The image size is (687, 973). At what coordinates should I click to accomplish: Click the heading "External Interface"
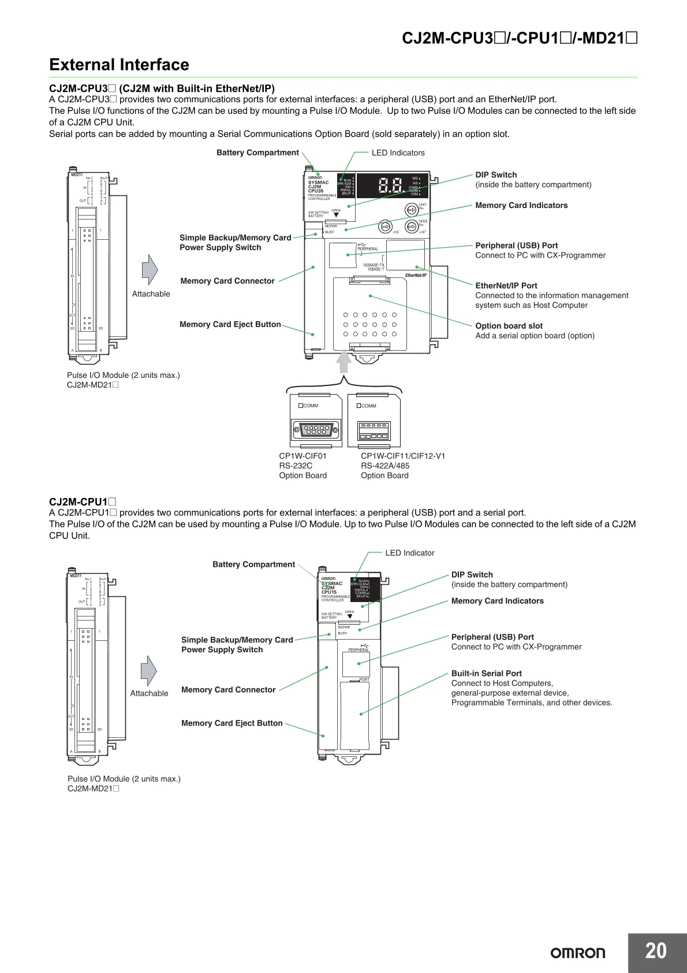pos(119,65)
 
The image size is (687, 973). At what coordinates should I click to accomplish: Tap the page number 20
pos(655,951)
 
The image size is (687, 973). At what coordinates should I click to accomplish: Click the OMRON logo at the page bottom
pos(577,953)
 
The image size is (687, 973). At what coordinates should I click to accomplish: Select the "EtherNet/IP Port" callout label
pos(506,285)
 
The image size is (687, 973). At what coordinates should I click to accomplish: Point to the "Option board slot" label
pos(509,326)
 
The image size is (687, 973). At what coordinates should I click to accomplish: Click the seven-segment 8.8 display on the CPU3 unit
pos(390,185)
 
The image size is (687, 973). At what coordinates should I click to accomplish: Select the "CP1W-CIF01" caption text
pos(303,456)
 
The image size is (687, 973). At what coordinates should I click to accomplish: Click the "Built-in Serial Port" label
pos(486,673)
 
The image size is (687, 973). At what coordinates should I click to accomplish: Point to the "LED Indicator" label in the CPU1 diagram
pos(409,553)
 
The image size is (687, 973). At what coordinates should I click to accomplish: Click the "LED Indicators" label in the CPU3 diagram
pos(398,153)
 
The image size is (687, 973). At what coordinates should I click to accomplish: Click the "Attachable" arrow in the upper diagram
pos(150,270)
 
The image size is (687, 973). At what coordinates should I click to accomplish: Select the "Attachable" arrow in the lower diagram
pos(148,671)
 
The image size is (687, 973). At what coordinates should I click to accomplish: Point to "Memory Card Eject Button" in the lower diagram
pos(232,723)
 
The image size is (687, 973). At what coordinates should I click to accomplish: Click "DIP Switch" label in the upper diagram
pos(496,174)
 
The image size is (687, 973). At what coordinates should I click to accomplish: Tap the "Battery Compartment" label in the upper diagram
pos(257,153)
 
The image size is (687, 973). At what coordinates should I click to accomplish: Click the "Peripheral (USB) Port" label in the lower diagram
pos(492,637)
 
